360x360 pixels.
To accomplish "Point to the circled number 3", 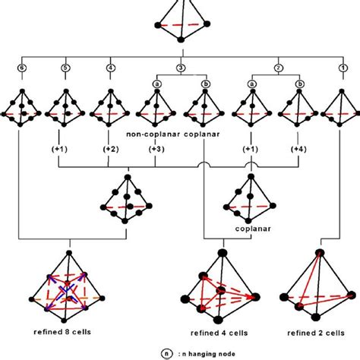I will [x=180, y=67].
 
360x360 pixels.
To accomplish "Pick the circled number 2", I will [x=278, y=67].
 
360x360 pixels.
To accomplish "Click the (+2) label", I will [x=111, y=150].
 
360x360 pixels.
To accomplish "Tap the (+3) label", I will [x=156, y=150].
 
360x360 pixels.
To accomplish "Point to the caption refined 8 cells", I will [x=64, y=331].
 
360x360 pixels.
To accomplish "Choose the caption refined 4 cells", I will [x=220, y=331].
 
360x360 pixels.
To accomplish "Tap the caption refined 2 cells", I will [x=313, y=331].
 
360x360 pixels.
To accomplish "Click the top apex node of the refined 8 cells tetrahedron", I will [x=69, y=252].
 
